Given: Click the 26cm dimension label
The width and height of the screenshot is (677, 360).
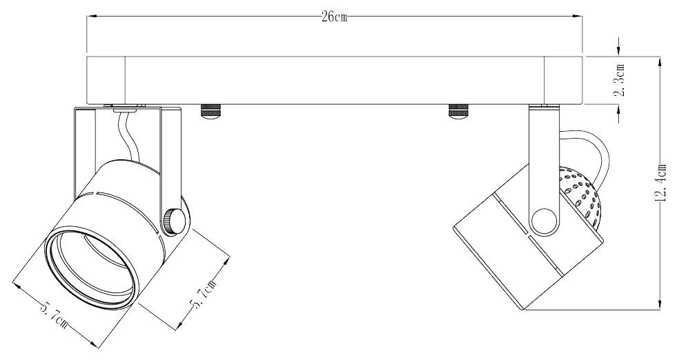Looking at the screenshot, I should tap(334, 17).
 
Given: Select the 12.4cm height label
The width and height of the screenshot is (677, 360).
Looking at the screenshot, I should tap(661, 183).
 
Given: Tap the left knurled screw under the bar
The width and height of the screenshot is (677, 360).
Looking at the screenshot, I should tap(210, 111).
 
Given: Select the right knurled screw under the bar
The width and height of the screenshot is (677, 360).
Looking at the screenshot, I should tap(458, 111).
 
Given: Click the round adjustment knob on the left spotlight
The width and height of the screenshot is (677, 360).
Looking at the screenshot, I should tap(175, 221).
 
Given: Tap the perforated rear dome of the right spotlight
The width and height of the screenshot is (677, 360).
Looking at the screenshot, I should tap(581, 197).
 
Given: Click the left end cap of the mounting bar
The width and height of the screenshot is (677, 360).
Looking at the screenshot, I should tap(105, 80).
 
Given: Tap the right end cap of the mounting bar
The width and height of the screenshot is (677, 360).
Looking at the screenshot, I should tap(563, 80).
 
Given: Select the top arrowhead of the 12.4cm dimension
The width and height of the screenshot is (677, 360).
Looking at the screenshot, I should tap(661, 60).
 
